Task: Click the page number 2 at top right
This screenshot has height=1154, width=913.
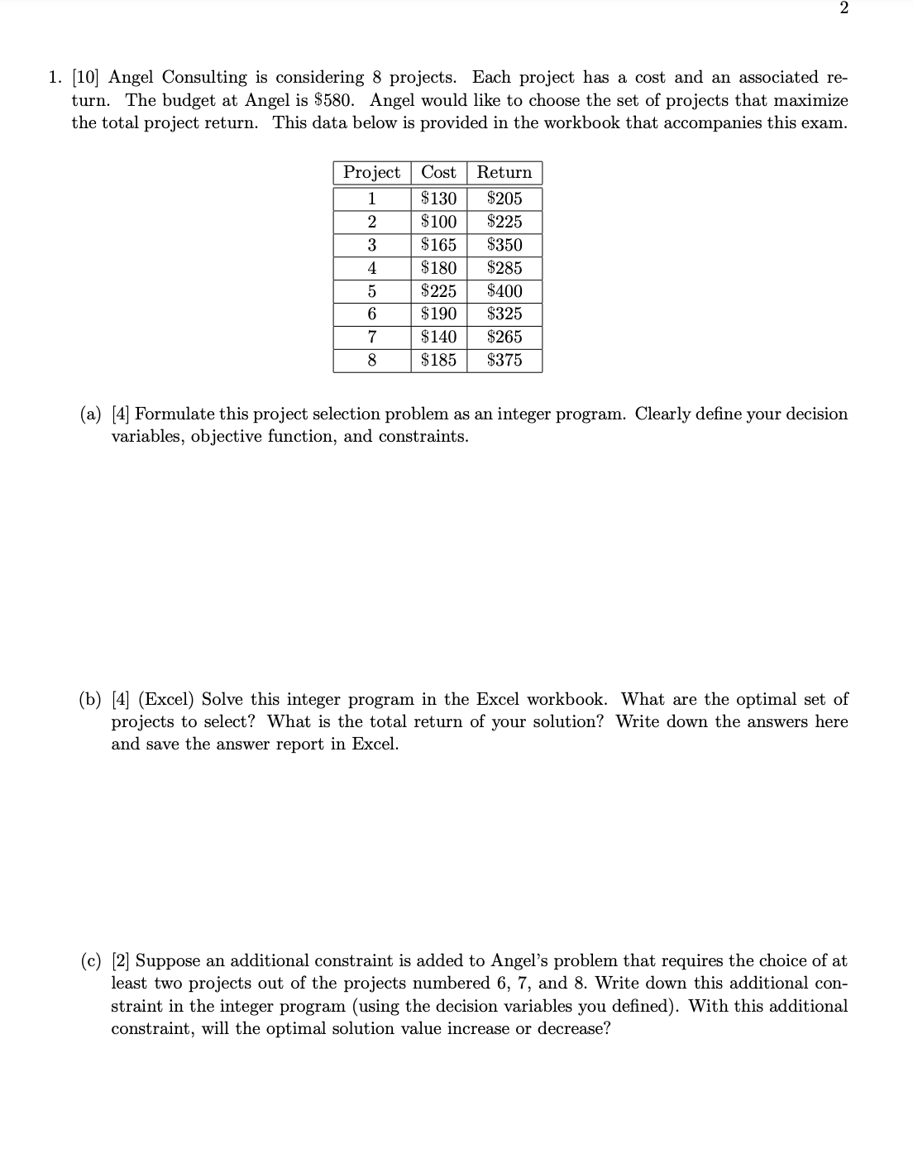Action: click(843, 8)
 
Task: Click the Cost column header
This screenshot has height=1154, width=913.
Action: click(438, 172)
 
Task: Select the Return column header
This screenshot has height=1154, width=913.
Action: click(504, 172)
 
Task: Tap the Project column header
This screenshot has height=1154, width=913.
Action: click(372, 172)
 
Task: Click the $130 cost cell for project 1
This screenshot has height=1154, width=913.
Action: click(438, 199)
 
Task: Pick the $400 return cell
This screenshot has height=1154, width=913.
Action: click(504, 291)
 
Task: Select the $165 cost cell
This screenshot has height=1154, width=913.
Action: click(438, 245)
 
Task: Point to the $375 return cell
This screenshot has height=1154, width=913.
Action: click(504, 360)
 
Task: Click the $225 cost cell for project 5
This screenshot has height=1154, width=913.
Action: click(438, 291)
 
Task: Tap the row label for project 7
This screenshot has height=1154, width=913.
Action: click(372, 337)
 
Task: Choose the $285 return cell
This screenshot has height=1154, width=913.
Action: click(504, 268)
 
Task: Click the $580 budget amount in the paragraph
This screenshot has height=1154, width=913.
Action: click(339, 100)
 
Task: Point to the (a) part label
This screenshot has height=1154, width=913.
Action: click(91, 414)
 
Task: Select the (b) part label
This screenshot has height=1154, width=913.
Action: click(91, 700)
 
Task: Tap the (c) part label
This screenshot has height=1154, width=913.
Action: click(91, 961)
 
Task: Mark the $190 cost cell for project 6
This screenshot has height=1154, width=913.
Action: click(438, 314)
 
